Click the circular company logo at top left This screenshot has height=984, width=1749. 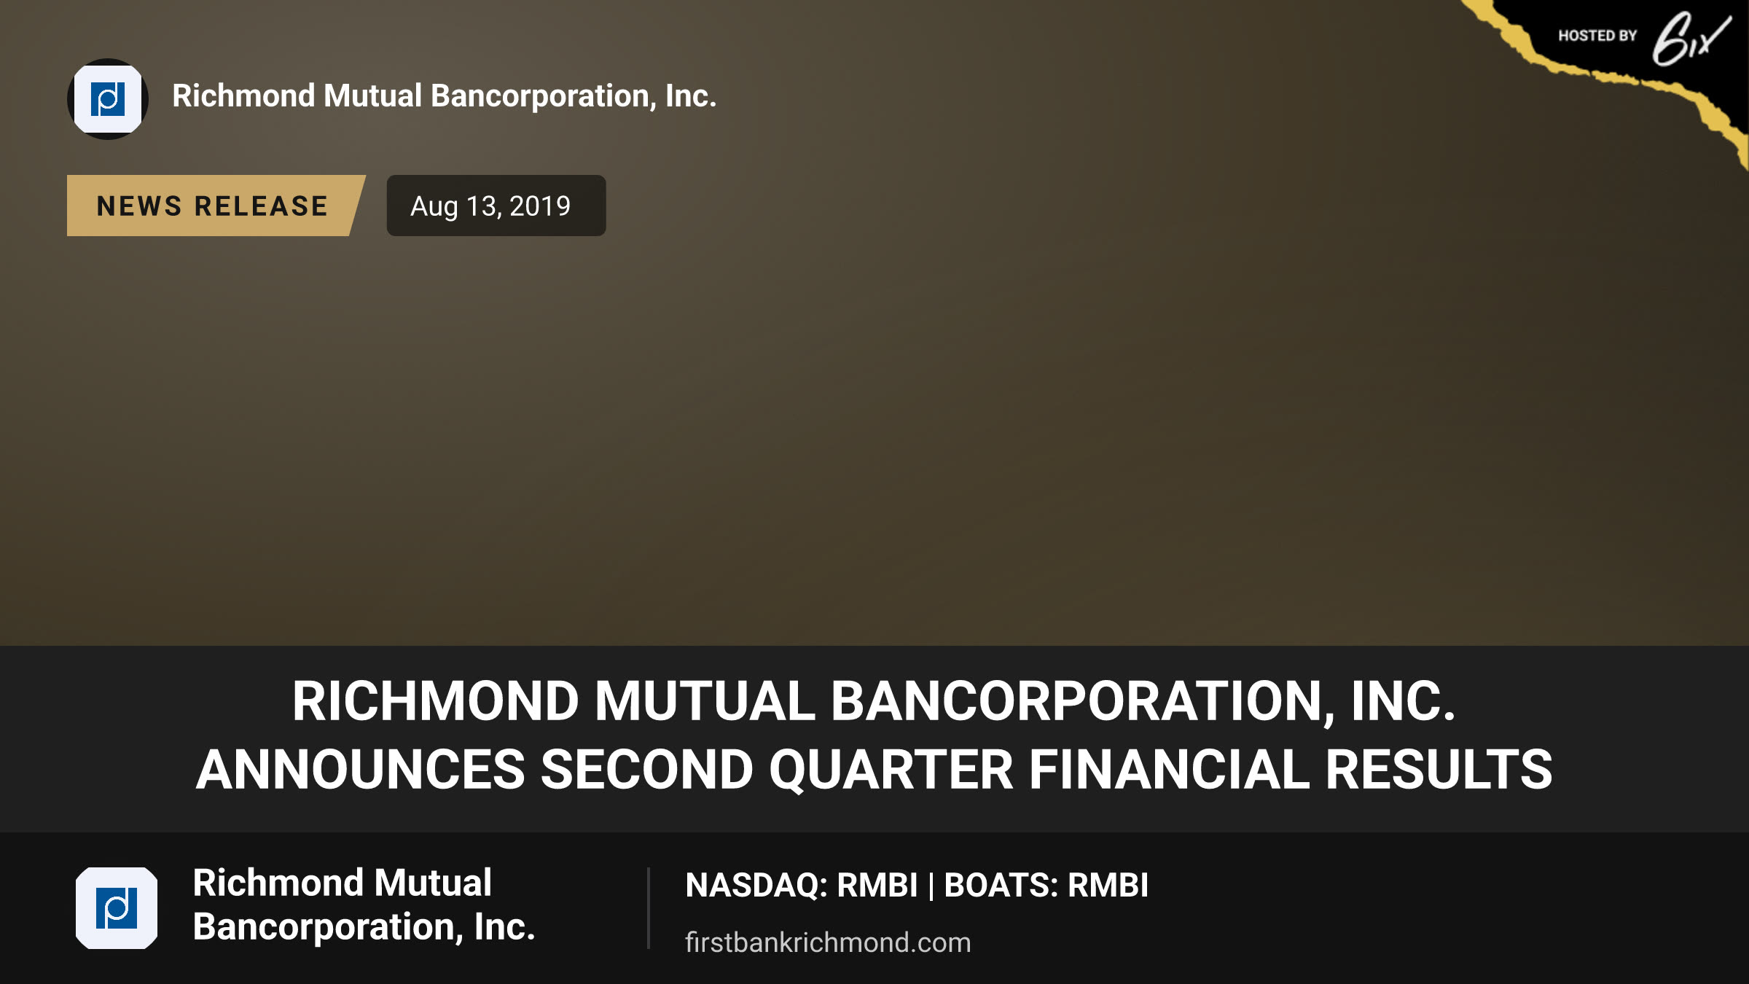click(108, 99)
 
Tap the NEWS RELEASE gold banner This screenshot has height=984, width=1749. click(216, 206)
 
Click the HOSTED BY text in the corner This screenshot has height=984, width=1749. click(1597, 36)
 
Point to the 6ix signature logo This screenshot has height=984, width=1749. click(1691, 38)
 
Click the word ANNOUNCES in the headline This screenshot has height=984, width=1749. click(361, 770)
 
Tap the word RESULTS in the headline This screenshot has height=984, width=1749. click(1439, 770)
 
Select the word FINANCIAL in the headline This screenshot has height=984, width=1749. click(1169, 770)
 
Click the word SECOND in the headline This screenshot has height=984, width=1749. click(647, 770)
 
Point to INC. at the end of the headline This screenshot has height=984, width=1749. click(1404, 701)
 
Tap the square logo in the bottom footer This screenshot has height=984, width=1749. click(117, 908)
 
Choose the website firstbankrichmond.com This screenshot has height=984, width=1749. click(828, 942)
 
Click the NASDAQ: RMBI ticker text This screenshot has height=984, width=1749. click(802, 886)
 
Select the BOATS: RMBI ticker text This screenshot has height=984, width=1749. click(1046, 886)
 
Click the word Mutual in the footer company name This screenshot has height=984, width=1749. click(433, 883)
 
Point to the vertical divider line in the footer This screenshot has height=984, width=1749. click(648, 908)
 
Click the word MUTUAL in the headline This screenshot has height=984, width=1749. click(705, 701)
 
